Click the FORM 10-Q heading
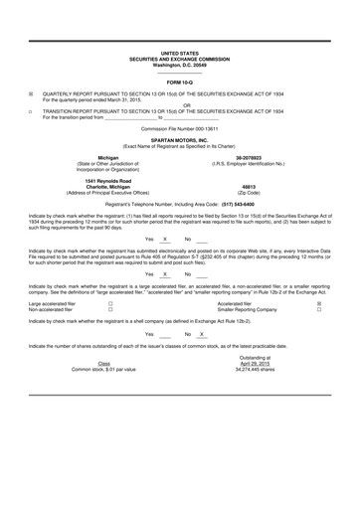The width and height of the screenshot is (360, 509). (x=180, y=82)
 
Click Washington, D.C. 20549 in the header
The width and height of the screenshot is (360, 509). (x=180, y=65)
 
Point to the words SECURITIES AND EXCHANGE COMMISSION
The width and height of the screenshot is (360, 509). (x=180, y=59)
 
